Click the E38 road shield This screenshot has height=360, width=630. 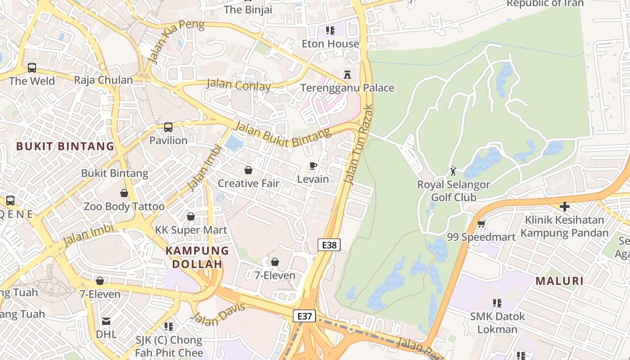tap(329, 245)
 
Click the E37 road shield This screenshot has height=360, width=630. tap(304, 316)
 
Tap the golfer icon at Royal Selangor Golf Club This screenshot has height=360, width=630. tap(453, 171)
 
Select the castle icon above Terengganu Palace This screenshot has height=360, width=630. tap(347, 74)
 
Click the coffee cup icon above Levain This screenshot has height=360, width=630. tap(313, 166)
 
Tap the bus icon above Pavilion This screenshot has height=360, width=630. tap(168, 127)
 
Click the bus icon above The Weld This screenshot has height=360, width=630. tap(32, 68)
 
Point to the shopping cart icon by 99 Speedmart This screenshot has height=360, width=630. tap(481, 224)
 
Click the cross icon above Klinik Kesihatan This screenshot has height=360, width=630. tap(564, 207)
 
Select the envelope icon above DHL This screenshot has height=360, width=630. tap(106, 321)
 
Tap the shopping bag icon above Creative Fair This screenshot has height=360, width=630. tap(248, 170)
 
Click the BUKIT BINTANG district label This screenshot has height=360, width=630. tap(65, 146)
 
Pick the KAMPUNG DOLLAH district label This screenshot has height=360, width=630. tap(197, 257)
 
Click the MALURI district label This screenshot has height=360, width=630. tap(559, 281)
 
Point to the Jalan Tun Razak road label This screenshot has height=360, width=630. tap(358, 144)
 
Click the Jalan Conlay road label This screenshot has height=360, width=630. tap(238, 85)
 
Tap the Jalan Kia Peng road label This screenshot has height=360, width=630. tap(176, 41)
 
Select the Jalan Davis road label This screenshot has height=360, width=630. tap(218, 315)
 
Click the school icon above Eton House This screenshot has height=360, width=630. tap(330, 31)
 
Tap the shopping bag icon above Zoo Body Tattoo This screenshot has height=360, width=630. tap(124, 193)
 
